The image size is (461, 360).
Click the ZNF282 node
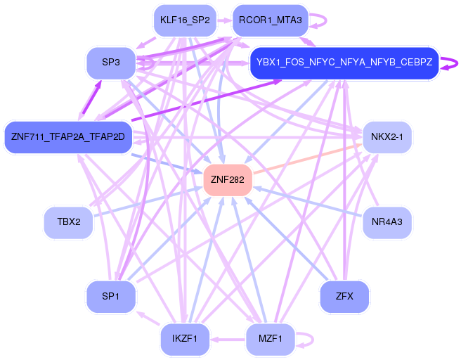click(x=228, y=180)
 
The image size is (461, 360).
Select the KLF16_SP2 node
click(x=185, y=20)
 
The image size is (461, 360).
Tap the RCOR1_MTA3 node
click(x=270, y=20)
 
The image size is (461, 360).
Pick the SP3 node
click(x=111, y=63)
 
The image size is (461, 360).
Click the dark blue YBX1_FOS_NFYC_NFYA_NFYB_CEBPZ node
click(x=344, y=63)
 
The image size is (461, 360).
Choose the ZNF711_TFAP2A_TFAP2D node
click(x=68, y=137)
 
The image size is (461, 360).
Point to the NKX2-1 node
click(x=387, y=137)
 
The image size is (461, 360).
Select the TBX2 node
click(x=68, y=221)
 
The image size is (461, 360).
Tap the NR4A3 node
click(x=387, y=221)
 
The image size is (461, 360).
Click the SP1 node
click(x=111, y=297)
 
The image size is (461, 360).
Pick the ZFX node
click(x=344, y=297)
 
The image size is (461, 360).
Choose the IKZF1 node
click(x=185, y=339)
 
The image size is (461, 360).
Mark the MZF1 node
click(x=270, y=339)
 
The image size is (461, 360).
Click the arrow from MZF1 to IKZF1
click(x=228, y=340)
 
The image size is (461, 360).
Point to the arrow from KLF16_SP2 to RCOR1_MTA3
click(x=224, y=20)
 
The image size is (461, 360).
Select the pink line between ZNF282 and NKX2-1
click(x=307, y=158)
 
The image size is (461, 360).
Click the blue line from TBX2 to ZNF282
click(x=148, y=202)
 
